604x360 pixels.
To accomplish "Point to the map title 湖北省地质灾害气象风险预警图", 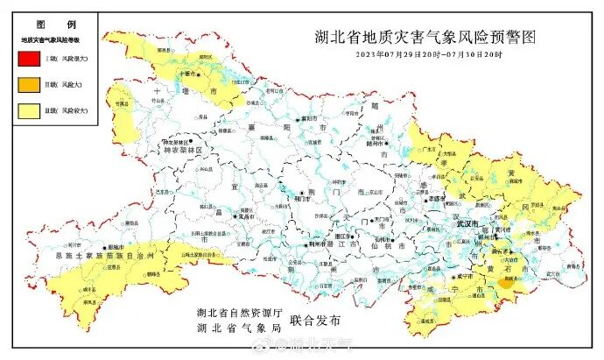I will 424,38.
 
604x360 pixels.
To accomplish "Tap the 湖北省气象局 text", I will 237,329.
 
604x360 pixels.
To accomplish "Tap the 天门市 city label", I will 383,220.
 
